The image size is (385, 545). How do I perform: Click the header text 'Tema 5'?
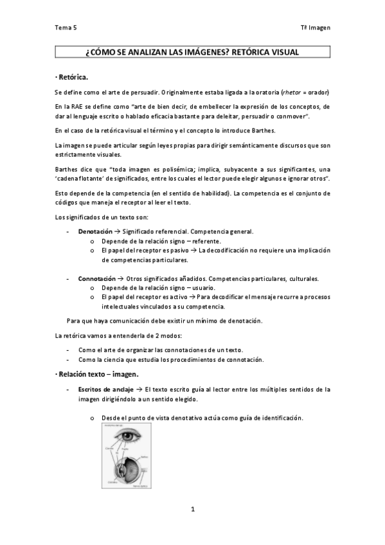[x=65, y=28]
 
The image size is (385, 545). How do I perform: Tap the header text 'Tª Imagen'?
[x=315, y=28]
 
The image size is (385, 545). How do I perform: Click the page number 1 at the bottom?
[x=192, y=509]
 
